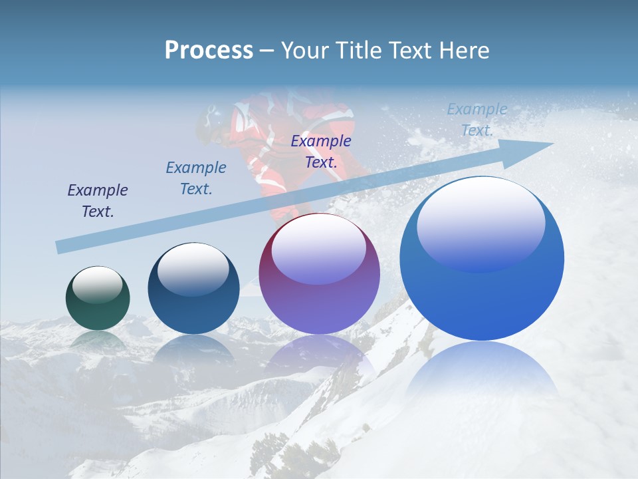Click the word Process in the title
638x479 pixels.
209,51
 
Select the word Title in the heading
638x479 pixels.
360,51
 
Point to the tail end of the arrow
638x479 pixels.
61,247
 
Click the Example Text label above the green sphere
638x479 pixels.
98,201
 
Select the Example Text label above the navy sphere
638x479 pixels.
196,178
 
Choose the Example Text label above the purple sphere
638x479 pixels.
321,151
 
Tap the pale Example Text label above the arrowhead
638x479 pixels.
477,120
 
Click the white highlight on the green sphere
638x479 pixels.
98,284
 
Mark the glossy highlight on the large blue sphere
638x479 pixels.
480,224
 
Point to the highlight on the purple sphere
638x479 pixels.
319,249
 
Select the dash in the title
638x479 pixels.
267,51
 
